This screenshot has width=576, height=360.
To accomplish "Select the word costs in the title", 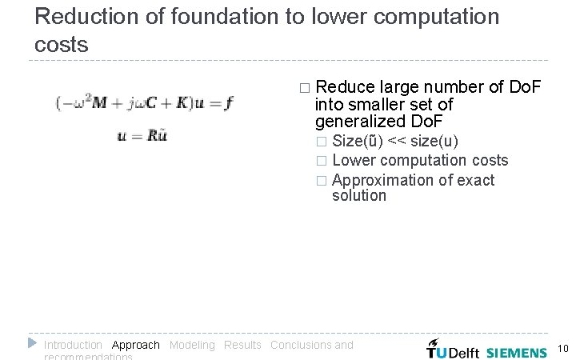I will (62, 45).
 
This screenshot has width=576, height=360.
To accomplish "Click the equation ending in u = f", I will (144, 103).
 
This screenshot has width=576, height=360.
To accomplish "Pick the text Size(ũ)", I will (357, 142).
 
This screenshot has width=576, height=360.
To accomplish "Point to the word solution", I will (358, 195).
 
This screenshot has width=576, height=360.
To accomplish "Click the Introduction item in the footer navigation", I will (73, 345).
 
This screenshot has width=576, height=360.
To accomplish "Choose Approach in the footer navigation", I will (136, 345).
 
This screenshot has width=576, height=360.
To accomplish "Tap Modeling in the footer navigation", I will (192, 345).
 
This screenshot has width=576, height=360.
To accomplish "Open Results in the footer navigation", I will (242, 345).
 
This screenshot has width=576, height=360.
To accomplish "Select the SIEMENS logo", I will (517, 351).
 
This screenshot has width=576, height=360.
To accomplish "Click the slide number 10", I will (562, 349).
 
